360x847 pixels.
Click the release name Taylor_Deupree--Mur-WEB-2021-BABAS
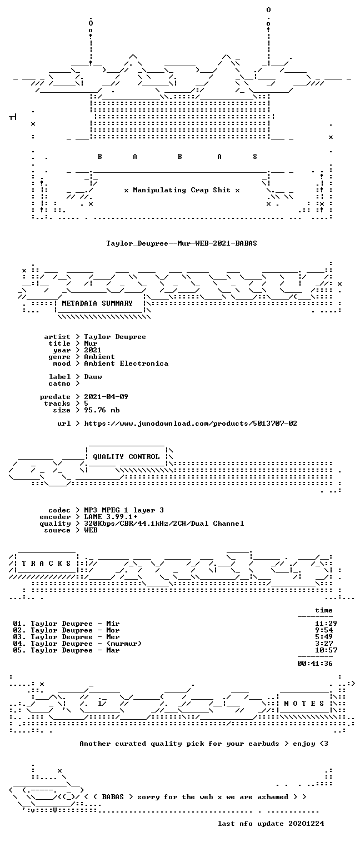tap(182, 243)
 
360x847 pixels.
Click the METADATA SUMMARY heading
tap(97, 303)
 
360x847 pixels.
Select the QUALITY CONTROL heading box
tap(126, 456)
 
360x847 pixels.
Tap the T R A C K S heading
tap(46, 564)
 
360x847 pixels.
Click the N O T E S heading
tap(304, 703)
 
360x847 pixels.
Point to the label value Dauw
tap(93, 377)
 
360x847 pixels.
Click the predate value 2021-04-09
tap(106, 397)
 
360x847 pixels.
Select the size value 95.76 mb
tap(102, 410)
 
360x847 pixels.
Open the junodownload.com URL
tap(191, 423)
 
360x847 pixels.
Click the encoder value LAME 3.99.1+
tap(111, 517)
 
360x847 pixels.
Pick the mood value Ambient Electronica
tap(126, 363)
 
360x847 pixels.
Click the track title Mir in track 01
tap(113, 624)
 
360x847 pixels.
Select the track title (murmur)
tap(124, 644)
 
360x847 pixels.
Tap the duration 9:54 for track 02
tap(324, 630)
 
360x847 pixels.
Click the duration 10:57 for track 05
tap(326, 650)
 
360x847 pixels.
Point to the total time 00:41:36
tap(315, 664)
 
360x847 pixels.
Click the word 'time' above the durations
tap(324, 610)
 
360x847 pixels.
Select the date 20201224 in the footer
tap(306, 824)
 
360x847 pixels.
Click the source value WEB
tap(91, 530)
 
